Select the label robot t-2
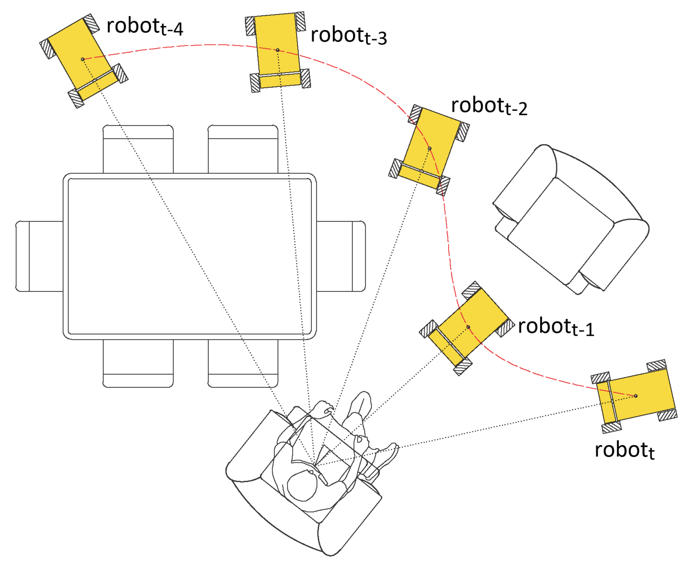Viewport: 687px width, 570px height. pos(489,106)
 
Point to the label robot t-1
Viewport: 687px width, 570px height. pos(556,327)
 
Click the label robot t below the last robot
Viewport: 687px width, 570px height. pos(624,451)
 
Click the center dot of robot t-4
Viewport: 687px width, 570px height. pos(83,59)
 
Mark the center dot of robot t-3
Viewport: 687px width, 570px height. pos(278,50)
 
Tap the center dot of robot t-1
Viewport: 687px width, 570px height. pos(468,327)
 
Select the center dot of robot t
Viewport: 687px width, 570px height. pos(636,396)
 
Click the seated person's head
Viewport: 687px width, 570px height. pos(302,485)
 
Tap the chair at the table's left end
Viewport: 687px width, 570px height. pos(39,256)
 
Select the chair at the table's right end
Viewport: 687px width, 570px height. pos(341,256)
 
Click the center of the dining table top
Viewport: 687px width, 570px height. pos(190,256)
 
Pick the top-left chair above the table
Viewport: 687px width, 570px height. pos(138,149)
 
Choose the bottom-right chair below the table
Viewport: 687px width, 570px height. pos(243,363)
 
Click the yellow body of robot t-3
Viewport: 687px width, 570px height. pos(278,39)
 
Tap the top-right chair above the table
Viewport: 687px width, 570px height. pos(243,149)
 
